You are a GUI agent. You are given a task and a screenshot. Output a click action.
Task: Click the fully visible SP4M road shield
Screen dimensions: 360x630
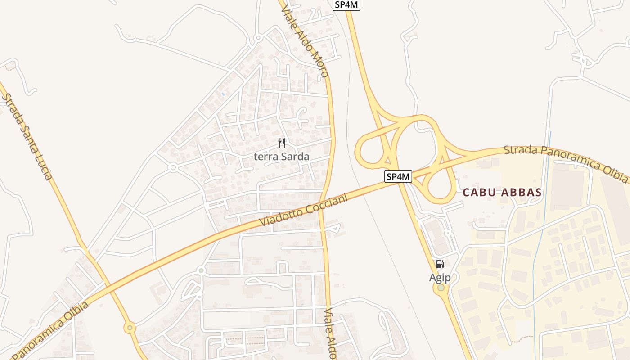click(398, 176)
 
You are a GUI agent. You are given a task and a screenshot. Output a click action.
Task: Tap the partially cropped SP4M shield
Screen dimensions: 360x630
click(347, 4)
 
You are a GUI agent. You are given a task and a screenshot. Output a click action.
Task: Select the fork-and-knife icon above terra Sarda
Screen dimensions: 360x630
click(282, 143)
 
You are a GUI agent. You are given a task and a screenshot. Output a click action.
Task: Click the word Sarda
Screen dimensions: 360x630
click(295, 157)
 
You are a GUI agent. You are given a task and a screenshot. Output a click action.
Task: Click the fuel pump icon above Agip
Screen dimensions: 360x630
click(440, 264)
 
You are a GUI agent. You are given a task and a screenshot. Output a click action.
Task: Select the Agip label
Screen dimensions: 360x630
click(440, 278)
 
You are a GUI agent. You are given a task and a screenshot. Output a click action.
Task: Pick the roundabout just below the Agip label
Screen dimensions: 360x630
click(441, 288)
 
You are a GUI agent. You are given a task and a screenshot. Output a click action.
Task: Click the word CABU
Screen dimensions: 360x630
click(480, 193)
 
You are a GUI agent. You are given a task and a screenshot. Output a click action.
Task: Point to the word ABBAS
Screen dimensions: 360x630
click(521, 193)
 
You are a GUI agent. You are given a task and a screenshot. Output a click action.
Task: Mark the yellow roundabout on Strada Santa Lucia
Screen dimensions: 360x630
click(130, 328)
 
